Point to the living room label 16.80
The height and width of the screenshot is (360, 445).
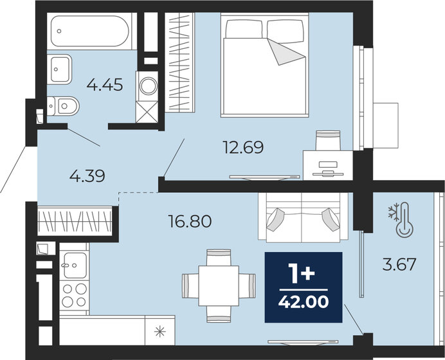pos(189,222)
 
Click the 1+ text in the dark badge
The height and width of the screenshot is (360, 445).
pos(304,274)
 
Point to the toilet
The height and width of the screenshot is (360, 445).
pos(63,105)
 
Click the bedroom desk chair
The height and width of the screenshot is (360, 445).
pos(327,138)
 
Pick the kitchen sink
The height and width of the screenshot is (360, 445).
pos(75,262)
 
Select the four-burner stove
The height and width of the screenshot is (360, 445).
pos(75,294)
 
